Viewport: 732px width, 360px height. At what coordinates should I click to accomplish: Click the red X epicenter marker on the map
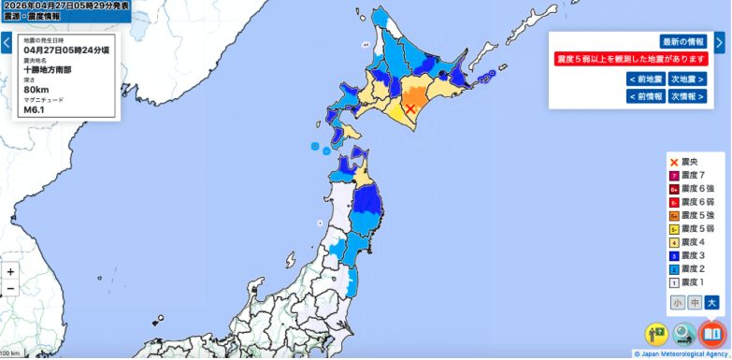coord(409,108)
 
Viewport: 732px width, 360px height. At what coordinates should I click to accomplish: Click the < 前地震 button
coord(647,79)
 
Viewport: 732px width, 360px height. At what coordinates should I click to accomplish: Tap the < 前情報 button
coord(647,96)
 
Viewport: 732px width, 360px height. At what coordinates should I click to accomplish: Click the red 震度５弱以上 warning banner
coord(631,59)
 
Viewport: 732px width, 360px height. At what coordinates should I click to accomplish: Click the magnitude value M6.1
coord(35,109)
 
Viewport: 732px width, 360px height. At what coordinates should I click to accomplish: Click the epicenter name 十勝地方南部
coord(48,70)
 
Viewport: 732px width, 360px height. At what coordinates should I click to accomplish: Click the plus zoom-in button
coord(10,271)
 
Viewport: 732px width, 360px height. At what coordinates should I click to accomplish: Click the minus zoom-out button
coord(10,288)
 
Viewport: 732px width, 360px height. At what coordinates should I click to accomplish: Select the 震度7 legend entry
coord(689,176)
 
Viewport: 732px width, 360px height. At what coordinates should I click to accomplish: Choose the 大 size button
coord(711,303)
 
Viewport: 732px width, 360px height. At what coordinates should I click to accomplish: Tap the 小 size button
coord(677,303)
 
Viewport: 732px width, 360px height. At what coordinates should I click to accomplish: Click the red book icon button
coord(712,334)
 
